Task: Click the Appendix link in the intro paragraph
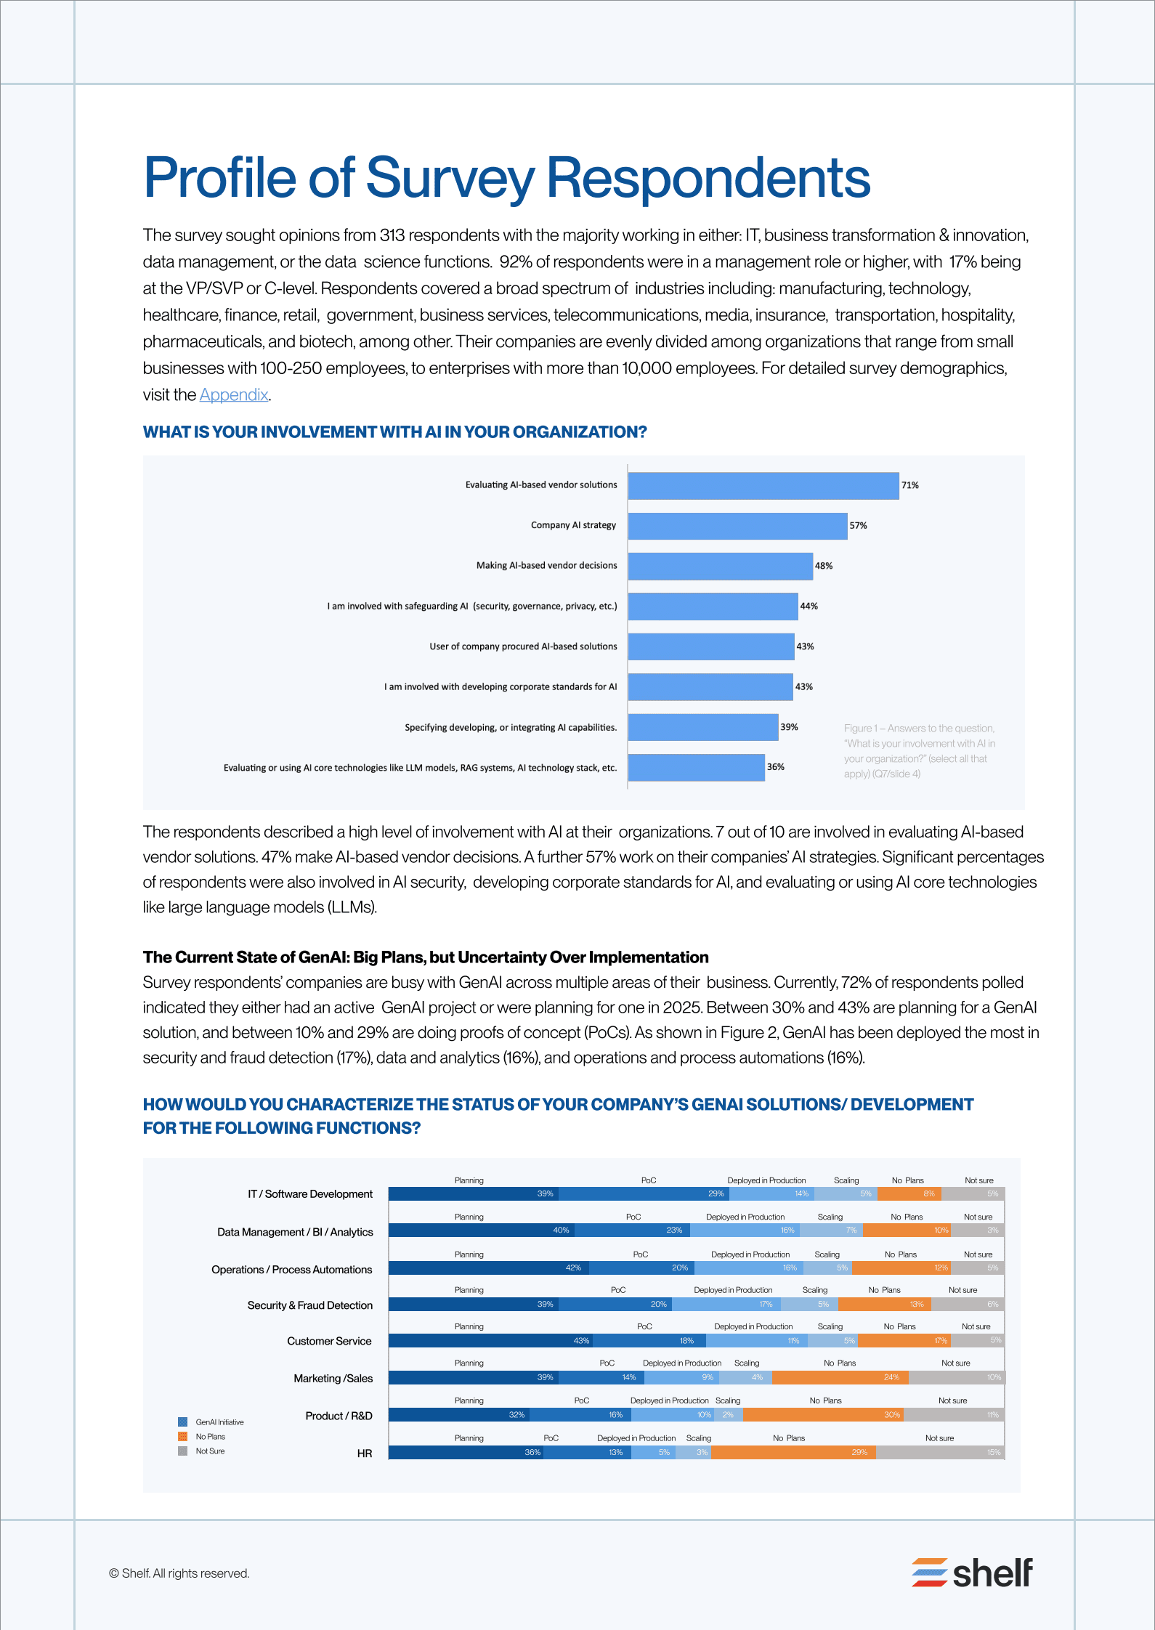(234, 395)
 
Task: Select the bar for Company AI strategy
(737, 526)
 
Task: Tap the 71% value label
(909, 485)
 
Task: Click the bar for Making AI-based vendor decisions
(720, 567)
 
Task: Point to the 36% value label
(775, 767)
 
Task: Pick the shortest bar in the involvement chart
(696, 768)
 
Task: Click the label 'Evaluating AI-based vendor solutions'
(541, 485)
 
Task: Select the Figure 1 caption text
(919, 751)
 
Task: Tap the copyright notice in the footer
(179, 1573)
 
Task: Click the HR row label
(365, 1453)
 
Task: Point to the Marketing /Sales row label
(333, 1379)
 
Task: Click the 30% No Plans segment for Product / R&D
(823, 1415)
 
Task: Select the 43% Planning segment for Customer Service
(491, 1341)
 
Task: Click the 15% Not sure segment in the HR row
(940, 1453)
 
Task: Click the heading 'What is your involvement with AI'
(394, 432)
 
